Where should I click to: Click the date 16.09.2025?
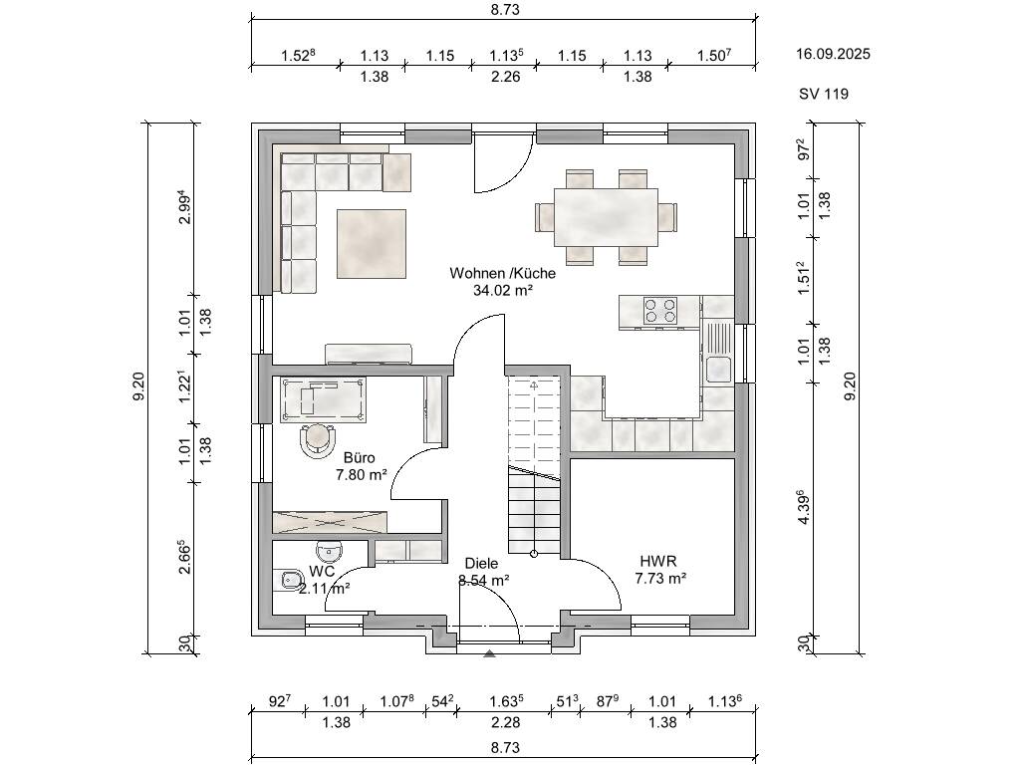pos(833,54)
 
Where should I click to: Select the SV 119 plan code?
pos(824,94)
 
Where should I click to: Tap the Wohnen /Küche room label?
pos(502,273)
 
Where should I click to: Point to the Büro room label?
pos(359,458)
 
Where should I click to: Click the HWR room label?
pos(658,561)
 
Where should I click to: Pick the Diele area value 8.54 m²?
pos(483,581)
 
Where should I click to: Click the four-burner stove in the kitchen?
pos(660,311)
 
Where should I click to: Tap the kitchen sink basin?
pos(718,370)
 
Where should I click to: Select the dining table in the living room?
pos(606,217)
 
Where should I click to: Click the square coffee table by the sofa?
pos(371,244)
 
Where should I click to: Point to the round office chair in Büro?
pos(318,439)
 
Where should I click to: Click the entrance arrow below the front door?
pos(489,653)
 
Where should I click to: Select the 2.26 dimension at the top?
pos(505,77)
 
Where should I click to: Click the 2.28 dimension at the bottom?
pos(505,722)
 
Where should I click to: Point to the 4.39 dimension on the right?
pos(805,507)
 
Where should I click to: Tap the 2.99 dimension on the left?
pos(184,207)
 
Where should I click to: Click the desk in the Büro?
pos(324,399)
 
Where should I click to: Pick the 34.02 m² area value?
pos(503,290)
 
